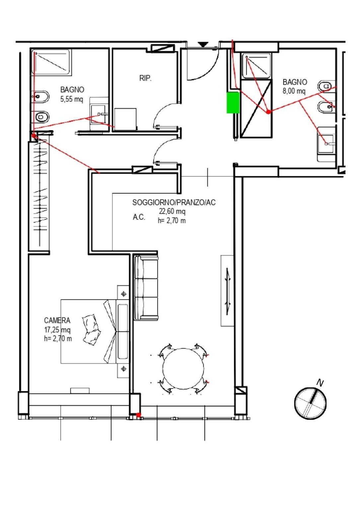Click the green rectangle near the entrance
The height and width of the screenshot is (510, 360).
(x=233, y=103)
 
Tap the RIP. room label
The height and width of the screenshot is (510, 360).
(x=145, y=78)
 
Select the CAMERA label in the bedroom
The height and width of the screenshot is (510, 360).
(x=57, y=320)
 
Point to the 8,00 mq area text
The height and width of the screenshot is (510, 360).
(x=294, y=91)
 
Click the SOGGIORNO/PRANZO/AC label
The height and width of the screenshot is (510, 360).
(x=174, y=203)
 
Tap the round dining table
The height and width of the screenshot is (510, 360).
(x=183, y=369)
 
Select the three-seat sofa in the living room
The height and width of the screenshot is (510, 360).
(x=146, y=288)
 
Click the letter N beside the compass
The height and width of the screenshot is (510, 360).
(x=320, y=383)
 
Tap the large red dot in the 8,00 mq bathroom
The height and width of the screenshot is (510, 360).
(x=268, y=112)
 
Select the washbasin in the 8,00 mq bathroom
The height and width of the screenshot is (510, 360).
(x=326, y=144)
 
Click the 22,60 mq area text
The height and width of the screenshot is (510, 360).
(x=172, y=211)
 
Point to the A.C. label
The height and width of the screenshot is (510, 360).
(x=139, y=217)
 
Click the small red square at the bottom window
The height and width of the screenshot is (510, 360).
(x=138, y=415)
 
